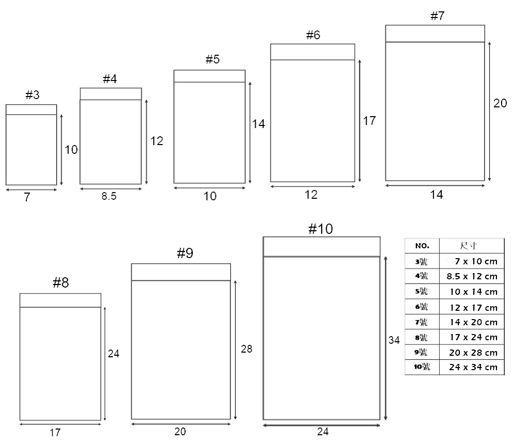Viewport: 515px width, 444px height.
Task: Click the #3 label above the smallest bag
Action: coord(32,95)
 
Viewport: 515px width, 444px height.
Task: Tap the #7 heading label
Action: coord(438,16)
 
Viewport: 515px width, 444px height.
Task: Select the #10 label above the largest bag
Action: coord(321,229)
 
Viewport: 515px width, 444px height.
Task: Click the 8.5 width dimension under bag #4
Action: coord(109,196)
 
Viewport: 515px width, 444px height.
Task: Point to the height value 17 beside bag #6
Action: coord(369,121)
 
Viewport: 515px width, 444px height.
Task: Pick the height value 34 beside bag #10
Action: coord(394,340)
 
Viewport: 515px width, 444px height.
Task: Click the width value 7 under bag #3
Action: coord(27,197)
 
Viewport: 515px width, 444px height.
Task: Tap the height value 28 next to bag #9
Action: coord(246,349)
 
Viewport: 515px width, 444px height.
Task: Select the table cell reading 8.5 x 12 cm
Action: coord(472,276)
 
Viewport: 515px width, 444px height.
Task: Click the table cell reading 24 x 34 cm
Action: coord(473,367)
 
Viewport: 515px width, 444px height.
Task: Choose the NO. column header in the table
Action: coord(422,246)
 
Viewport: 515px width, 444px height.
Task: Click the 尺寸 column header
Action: coord(468,246)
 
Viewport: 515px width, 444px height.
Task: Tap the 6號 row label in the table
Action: coord(421,307)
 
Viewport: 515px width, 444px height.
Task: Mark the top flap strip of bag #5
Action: coord(209,76)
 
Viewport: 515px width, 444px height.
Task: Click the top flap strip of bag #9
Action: coord(181,272)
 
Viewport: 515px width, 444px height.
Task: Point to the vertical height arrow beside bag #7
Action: coord(489,112)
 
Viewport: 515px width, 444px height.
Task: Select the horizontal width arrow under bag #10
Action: coord(322,425)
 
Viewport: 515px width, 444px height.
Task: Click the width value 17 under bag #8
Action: coord(55,433)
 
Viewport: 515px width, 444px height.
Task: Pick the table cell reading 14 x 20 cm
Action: coord(473,322)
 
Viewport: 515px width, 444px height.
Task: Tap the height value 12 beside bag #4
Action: coord(157,141)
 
